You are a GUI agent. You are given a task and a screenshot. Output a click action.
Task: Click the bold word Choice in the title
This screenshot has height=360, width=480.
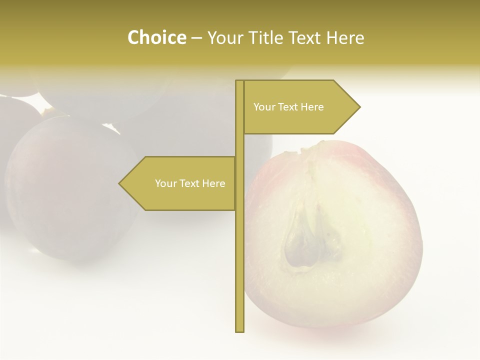coord(156,38)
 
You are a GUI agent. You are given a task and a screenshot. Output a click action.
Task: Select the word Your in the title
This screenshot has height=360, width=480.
coord(225,38)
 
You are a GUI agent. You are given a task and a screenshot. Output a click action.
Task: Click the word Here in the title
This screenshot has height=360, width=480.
coord(345,38)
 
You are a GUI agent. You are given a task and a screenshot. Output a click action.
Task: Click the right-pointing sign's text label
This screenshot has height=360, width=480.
coord(288,107)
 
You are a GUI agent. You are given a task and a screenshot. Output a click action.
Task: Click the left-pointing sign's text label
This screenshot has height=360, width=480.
coord(190,183)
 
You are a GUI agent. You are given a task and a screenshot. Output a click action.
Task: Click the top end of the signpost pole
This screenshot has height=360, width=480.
coord(239,81)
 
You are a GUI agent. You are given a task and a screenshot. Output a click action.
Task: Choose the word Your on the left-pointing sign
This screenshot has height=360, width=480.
coord(164,183)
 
